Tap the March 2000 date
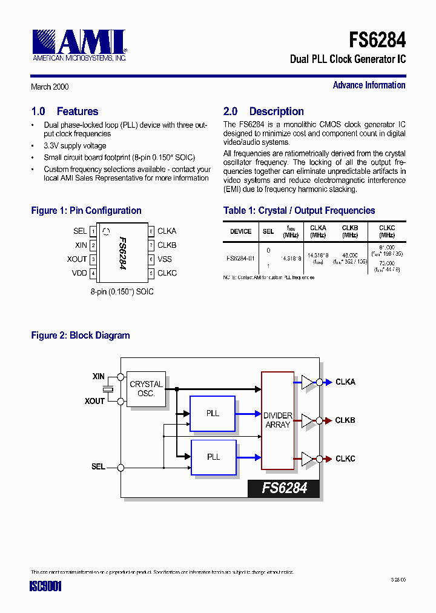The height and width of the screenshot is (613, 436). coord(50,87)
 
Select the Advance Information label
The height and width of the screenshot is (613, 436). coord(369,85)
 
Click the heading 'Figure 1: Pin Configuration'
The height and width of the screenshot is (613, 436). coord(86,211)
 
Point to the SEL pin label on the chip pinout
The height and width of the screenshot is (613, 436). coord(80,231)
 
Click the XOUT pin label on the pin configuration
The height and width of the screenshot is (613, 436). coord(77,259)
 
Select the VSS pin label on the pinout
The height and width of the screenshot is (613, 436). coord(165,259)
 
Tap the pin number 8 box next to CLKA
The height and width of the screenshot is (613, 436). coord(151,231)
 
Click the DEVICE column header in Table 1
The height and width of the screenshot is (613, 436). coord(240,231)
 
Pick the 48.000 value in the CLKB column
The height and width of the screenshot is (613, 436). coord(349,256)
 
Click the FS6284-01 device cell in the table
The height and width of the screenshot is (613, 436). coord(240,258)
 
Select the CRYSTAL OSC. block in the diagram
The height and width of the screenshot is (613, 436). coord(146,389)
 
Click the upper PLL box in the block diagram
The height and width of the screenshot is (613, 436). coord(213,414)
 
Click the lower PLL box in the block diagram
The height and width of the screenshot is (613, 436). coord(213,457)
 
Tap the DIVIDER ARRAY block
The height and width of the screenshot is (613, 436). coord(277,420)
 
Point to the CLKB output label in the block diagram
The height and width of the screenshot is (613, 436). coord(345,420)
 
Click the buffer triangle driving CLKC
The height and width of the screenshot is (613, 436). coord(308,459)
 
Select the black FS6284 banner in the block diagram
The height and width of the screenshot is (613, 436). coord(283,488)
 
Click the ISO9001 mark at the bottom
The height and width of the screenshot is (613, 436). coord(46,586)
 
